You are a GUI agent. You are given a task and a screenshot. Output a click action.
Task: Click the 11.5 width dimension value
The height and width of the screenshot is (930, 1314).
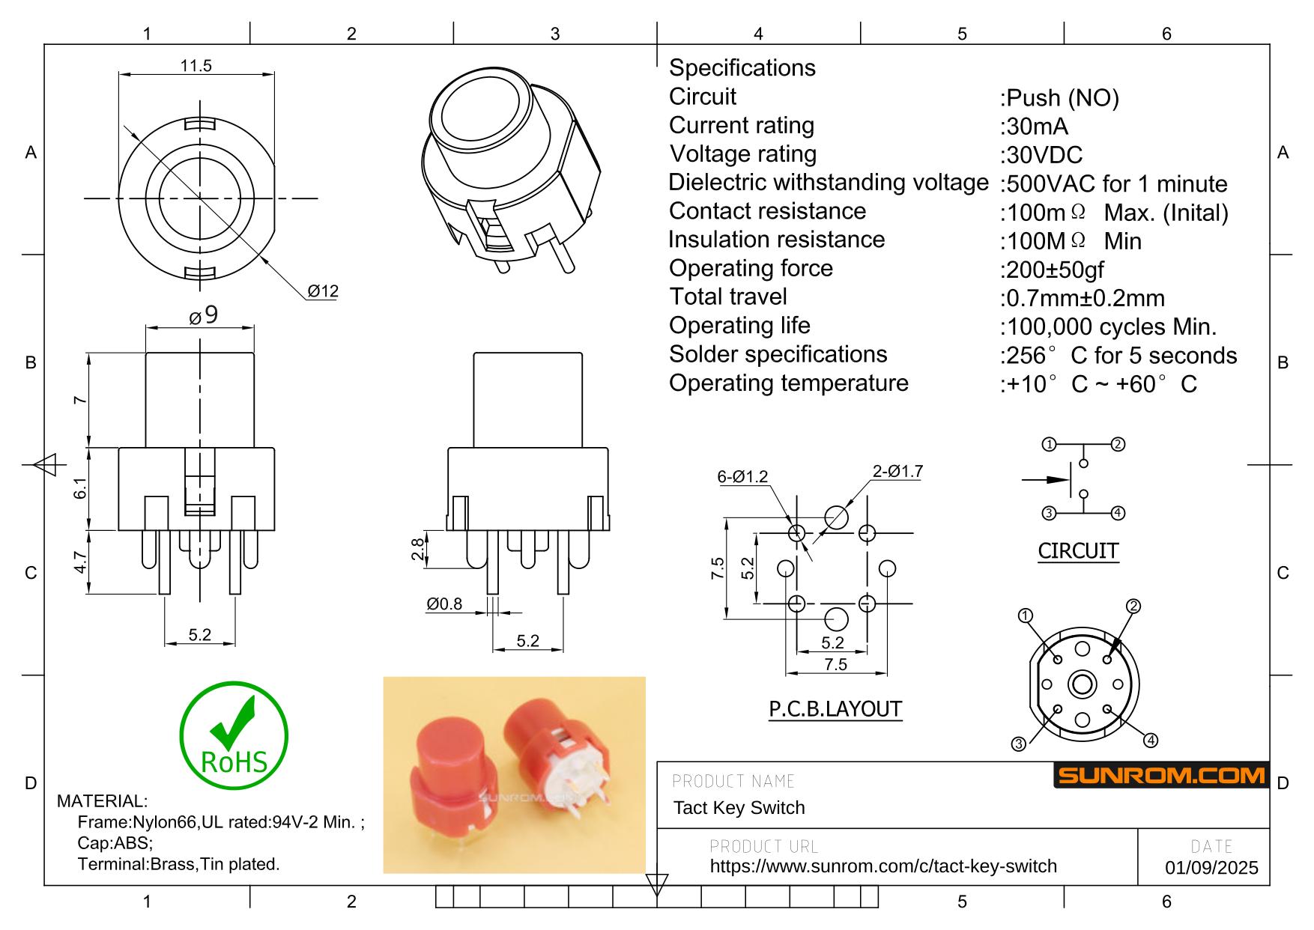point(196,66)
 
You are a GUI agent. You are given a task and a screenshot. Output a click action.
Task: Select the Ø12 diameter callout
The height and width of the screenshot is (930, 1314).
point(323,291)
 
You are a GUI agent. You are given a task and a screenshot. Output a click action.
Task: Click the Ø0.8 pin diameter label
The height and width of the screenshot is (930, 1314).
point(444,604)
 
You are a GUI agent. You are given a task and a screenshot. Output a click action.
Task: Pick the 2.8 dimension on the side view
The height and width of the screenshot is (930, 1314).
point(418,550)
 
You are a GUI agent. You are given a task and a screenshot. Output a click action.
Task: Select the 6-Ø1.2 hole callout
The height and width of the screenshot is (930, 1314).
point(742,477)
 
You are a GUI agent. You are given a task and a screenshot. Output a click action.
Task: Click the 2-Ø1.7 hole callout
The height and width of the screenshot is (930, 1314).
point(897,472)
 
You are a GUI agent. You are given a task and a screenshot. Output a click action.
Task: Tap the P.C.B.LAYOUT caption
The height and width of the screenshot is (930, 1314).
point(835,708)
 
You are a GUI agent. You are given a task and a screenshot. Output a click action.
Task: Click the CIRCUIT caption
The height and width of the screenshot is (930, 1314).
point(1078,551)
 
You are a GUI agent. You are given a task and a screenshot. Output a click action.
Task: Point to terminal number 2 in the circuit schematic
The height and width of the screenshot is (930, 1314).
point(1118,444)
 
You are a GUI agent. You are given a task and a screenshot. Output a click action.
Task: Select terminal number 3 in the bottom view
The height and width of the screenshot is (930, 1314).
point(1018,744)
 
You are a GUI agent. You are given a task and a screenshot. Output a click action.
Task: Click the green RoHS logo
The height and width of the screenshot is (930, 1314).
point(234,735)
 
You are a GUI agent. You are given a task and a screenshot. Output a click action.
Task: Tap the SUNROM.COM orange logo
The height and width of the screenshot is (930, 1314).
point(1161,776)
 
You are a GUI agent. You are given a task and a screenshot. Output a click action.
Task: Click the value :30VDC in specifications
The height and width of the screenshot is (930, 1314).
point(1041,155)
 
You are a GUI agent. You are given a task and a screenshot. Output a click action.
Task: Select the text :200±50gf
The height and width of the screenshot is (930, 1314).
point(1052,270)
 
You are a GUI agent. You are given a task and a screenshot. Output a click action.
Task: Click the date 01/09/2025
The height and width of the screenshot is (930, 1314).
point(1211,868)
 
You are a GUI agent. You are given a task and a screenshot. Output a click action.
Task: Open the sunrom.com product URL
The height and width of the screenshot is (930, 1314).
point(882,866)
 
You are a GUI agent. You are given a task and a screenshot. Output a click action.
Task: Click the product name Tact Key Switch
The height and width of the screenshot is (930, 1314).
point(739,808)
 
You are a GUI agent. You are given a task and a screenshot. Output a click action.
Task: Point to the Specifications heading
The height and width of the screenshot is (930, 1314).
point(742,68)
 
